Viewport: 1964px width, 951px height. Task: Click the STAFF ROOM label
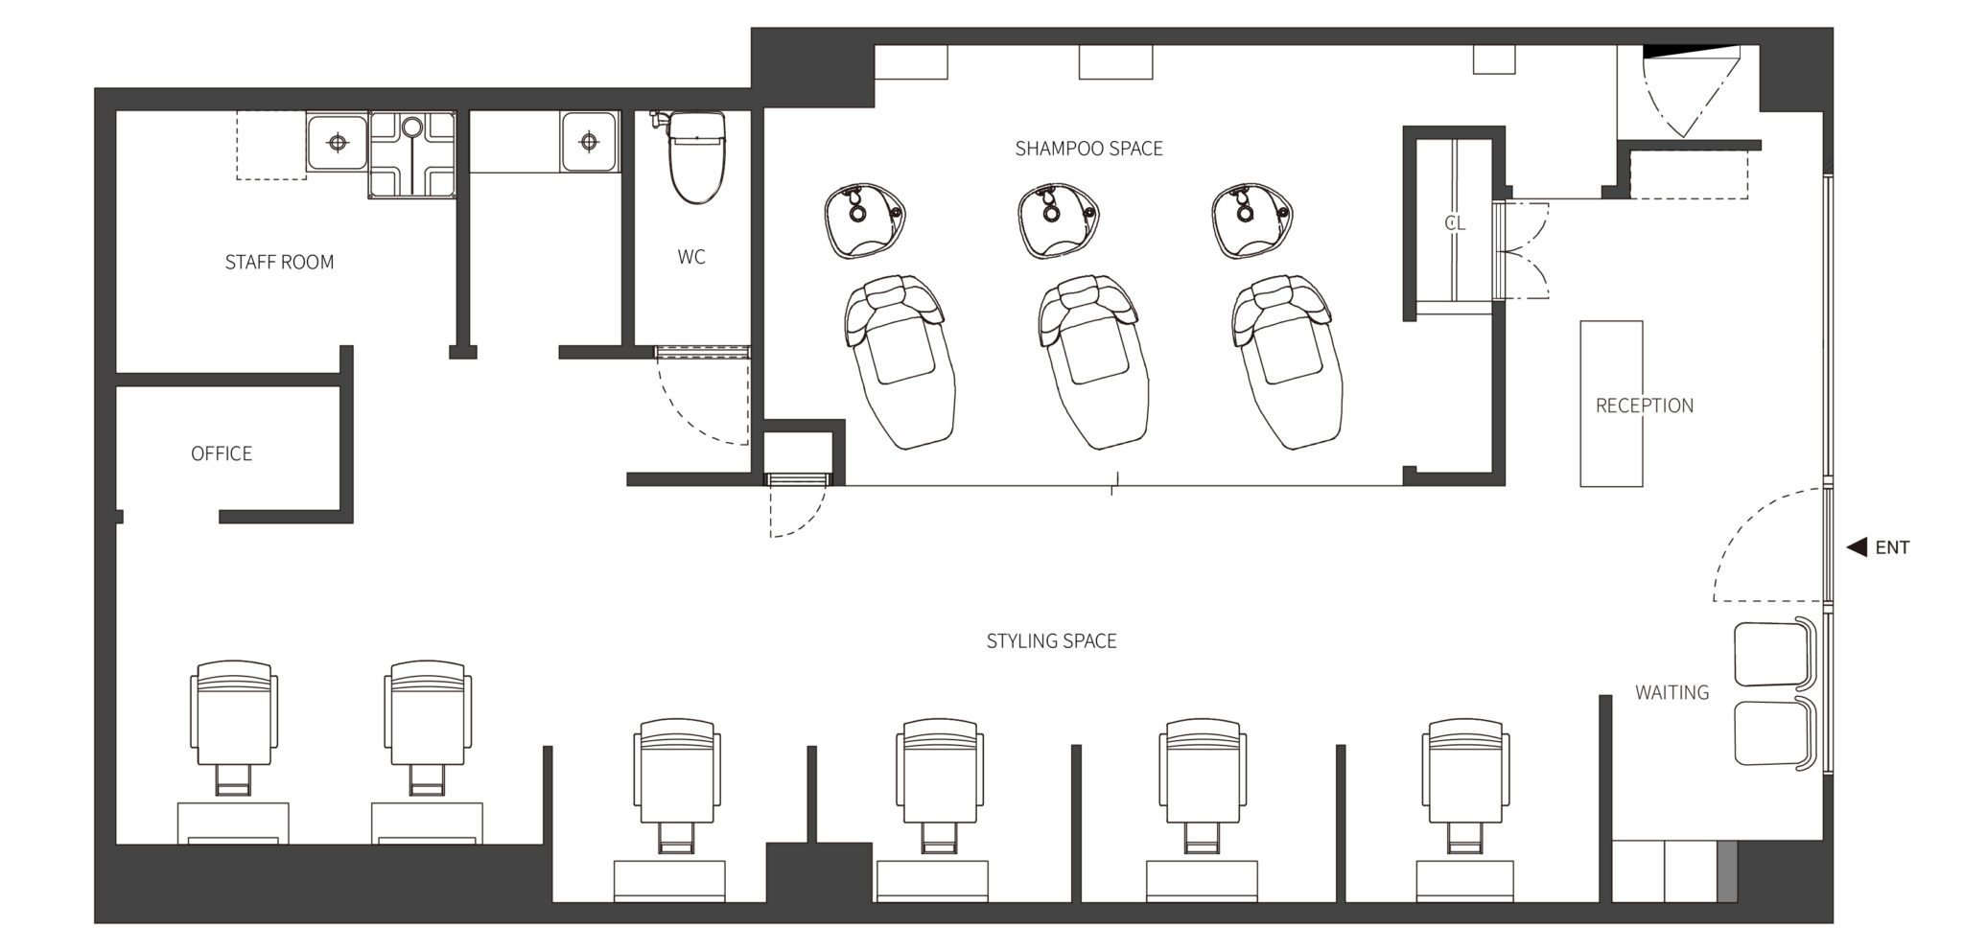(x=279, y=262)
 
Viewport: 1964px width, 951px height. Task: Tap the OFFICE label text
(x=222, y=453)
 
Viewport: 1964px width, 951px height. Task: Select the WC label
(x=691, y=257)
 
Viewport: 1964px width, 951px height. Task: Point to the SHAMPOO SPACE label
(x=1088, y=149)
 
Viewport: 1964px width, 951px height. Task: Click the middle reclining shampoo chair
(x=1095, y=361)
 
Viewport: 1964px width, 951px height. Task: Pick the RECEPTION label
(x=1644, y=406)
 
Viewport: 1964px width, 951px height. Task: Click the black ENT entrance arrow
(x=1858, y=547)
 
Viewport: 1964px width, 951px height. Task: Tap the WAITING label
(x=1672, y=692)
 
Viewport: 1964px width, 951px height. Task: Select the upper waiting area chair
(x=1775, y=654)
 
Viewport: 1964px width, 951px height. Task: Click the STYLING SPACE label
(x=1051, y=641)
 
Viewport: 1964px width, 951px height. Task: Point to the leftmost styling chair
(x=234, y=727)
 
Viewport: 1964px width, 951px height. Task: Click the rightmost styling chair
(x=1464, y=785)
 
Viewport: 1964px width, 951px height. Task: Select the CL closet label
(x=1455, y=223)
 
